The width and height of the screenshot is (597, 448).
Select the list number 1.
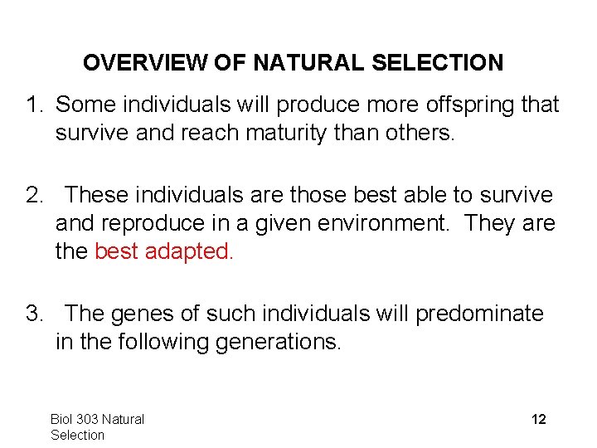click(x=33, y=105)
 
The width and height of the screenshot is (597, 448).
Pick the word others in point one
click(x=416, y=134)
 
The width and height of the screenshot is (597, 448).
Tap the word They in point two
click(x=493, y=223)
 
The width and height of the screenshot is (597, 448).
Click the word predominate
click(x=479, y=314)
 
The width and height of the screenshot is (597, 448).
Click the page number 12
click(x=538, y=420)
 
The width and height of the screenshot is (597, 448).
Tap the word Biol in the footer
click(x=62, y=420)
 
